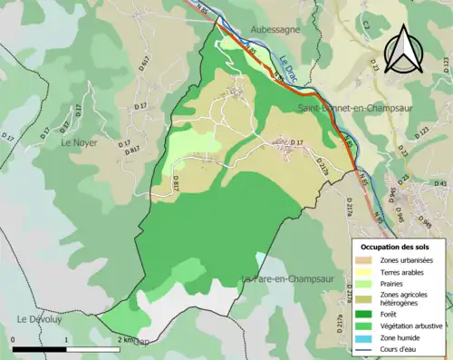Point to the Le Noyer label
pos(78,142)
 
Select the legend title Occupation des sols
pos(397,247)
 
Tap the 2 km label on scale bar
pos(126,340)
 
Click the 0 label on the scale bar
pos(14,340)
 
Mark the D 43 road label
pos(442,184)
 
